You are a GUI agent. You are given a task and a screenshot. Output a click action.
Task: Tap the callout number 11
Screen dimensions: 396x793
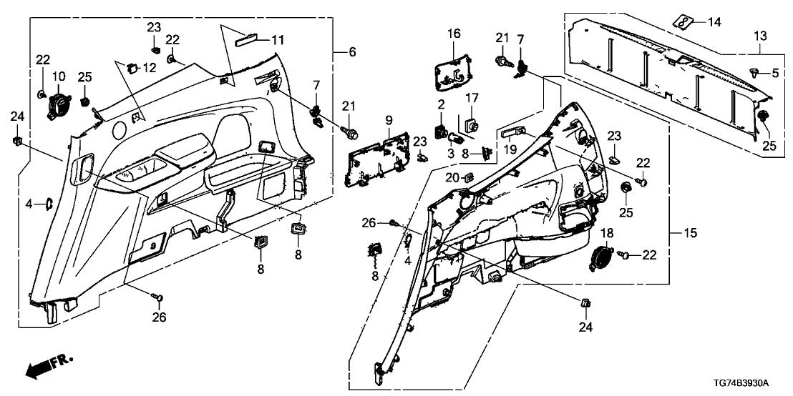point(277,40)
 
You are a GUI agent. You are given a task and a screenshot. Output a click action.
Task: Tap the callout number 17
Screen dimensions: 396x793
point(473,97)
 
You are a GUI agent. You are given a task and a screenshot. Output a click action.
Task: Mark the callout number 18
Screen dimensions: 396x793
point(606,234)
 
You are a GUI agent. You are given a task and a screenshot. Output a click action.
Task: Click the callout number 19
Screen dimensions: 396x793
point(510,150)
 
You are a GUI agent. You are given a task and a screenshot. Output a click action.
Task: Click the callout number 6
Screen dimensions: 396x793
point(351,52)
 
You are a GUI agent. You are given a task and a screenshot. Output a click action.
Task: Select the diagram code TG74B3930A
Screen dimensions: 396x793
point(751,384)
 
